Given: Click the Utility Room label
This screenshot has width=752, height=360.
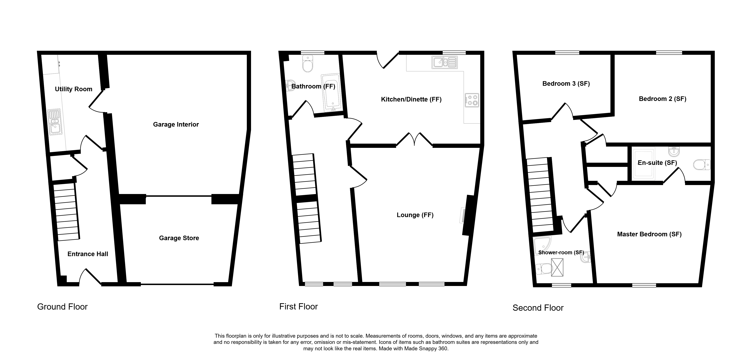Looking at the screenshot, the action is [x=74, y=89].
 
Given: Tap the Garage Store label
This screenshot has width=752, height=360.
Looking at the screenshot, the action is [x=179, y=238].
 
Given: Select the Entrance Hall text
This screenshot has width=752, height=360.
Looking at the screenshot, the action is [x=88, y=254].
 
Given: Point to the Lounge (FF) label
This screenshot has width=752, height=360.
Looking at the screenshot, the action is [x=415, y=215].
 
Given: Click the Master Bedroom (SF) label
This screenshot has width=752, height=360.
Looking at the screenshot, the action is [x=649, y=234].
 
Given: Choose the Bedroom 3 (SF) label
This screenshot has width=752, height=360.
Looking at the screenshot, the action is [x=566, y=84].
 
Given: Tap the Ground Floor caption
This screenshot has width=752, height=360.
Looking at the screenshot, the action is [x=63, y=307].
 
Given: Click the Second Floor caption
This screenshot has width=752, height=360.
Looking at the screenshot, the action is [x=538, y=308].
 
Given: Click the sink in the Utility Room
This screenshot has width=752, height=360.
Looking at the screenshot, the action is [x=55, y=122].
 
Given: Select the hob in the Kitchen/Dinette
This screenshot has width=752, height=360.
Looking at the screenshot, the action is [x=472, y=100].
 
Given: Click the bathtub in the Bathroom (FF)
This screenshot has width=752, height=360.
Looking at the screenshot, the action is [x=331, y=93].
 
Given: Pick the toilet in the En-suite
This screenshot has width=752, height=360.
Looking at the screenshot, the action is [x=702, y=165].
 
